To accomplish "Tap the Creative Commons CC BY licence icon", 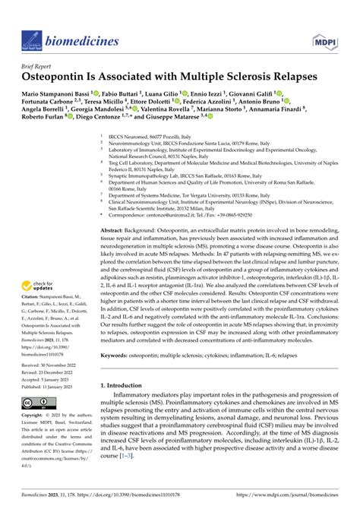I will click(x=37, y=402).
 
